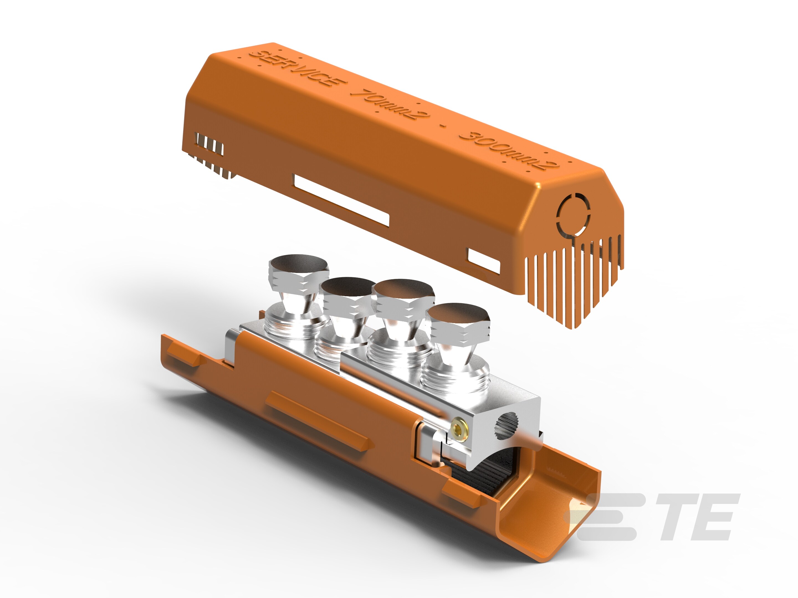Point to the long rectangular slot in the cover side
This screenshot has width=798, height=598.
click(x=342, y=200)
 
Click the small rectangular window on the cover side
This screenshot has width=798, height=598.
click(x=484, y=261)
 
